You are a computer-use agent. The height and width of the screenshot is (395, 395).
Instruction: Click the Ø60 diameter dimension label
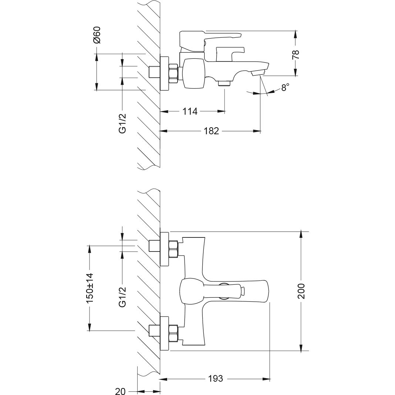point(97,36)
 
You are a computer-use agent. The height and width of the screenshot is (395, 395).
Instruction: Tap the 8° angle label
point(285,88)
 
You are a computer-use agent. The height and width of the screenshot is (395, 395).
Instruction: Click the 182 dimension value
point(211,131)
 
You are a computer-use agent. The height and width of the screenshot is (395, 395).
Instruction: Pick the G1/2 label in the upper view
point(123,124)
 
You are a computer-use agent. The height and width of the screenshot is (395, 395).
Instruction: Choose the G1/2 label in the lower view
point(123,297)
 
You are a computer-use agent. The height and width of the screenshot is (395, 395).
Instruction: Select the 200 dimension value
point(301,291)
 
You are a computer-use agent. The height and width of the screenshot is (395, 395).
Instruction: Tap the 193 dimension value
point(215,379)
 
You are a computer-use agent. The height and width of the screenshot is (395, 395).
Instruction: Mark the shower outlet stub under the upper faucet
point(224,84)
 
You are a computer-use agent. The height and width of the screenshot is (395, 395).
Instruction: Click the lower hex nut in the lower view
point(173,332)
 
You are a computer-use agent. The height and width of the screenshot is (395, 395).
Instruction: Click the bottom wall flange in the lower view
point(164,332)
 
